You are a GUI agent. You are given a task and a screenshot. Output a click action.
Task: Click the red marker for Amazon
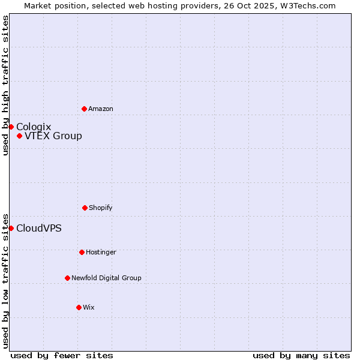[84, 109]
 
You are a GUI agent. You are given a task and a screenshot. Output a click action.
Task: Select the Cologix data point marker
[11, 127]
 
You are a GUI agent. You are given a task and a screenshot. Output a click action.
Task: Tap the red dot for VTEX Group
[19, 136]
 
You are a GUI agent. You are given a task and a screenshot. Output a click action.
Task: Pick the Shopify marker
[85, 208]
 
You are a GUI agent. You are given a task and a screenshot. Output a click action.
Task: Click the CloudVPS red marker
[11, 228]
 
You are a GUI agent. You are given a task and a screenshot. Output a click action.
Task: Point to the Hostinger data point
[82, 252]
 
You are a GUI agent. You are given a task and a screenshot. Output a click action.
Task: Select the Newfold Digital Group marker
[67, 278]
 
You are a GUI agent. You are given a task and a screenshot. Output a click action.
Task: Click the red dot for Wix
[79, 307]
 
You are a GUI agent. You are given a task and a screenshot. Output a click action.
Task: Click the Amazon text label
[101, 109]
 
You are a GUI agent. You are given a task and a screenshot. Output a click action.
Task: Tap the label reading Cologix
[34, 127]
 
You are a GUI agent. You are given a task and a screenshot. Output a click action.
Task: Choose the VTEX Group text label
[53, 136]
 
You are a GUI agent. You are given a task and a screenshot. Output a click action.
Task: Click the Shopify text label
[101, 208]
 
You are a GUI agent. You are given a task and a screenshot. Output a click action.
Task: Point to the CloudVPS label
[39, 228]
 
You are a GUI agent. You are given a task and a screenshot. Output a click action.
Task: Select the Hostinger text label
[101, 252]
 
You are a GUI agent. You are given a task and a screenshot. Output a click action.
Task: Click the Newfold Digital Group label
[106, 278]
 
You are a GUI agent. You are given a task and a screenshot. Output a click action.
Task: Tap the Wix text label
[89, 307]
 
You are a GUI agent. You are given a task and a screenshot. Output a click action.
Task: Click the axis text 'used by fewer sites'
[62, 355]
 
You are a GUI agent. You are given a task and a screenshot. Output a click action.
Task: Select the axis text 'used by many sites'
[301, 355]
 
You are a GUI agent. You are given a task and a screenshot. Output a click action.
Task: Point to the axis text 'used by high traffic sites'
[5, 85]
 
